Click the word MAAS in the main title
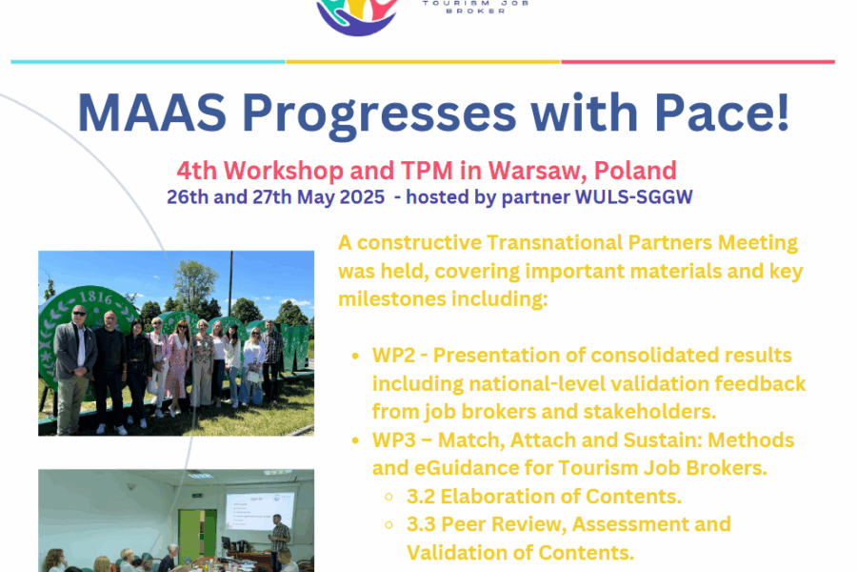click(x=152, y=112)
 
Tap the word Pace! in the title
click(x=722, y=112)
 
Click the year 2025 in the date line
click(x=362, y=197)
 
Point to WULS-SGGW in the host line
click(x=634, y=197)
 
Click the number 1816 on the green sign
click(x=96, y=298)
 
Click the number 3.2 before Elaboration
click(x=421, y=497)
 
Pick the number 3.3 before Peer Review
click(x=421, y=524)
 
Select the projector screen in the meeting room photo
click(x=260, y=510)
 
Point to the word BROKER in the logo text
click(x=475, y=10)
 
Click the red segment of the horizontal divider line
click(x=698, y=62)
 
